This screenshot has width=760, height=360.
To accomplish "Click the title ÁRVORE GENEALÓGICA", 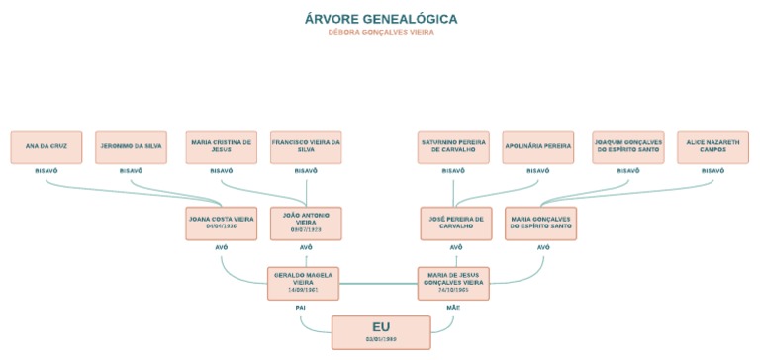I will pyautogui.click(x=381, y=19).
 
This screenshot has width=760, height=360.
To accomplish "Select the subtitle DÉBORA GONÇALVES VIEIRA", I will pyautogui.click(x=381, y=33).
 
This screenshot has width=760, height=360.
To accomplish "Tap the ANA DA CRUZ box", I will pyautogui.click(x=47, y=147).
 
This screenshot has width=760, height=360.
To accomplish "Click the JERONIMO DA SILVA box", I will pyautogui.click(x=132, y=147).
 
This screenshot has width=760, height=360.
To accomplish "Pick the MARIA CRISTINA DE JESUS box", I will pyautogui.click(x=222, y=147).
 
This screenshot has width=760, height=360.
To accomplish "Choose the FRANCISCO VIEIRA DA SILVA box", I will pyautogui.click(x=306, y=147).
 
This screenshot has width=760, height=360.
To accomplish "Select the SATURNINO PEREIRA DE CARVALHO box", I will pyautogui.click(x=453, y=147).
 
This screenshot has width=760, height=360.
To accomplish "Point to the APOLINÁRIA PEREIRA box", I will pyautogui.click(x=537, y=147).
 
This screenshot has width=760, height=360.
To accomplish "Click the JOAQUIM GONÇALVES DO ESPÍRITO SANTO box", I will pyautogui.click(x=627, y=147).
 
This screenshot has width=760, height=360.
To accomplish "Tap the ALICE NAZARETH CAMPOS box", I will pyautogui.click(x=712, y=147).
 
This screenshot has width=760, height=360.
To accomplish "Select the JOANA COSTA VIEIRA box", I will pyautogui.click(x=222, y=223).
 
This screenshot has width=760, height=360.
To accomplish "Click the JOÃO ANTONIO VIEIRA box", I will pyautogui.click(x=306, y=223).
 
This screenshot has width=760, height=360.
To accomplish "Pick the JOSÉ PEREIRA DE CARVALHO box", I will pyautogui.click(x=455, y=223).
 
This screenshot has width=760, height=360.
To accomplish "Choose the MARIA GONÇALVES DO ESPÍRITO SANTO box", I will pyautogui.click(x=540, y=223).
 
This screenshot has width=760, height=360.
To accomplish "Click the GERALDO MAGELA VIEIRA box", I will pyautogui.click(x=304, y=283).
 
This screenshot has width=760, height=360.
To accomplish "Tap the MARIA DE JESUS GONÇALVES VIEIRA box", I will pyautogui.click(x=455, y=283).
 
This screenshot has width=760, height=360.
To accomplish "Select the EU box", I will pyautogui.click(x=381, y=332).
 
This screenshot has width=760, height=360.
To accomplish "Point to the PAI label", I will pyautogui.click(x=301, y=308).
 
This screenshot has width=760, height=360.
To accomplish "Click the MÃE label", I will pyautogui.click(x=454, y=308).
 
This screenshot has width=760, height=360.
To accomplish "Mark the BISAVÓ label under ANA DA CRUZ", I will pyautogui.click(x=47, y=171).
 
